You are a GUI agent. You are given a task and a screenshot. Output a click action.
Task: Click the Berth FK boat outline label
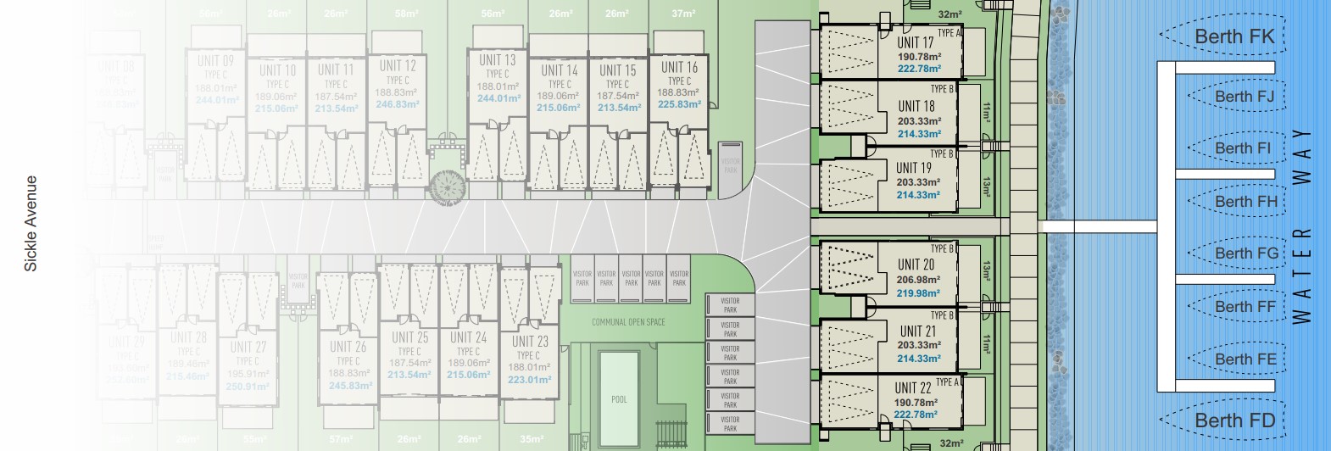[x=1234, y=36]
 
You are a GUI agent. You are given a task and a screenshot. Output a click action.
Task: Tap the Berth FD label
[x=1234, y=420]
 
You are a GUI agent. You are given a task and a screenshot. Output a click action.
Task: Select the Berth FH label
[x=1245, y=202]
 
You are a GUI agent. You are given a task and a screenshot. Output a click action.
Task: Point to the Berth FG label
[x=1245, y=253]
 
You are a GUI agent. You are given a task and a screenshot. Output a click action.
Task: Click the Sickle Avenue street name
[x=31, y=224]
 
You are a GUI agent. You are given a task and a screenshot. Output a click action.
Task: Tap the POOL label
[x=620, y=399]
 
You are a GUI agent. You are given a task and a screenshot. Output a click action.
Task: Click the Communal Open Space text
[x=628, y=322]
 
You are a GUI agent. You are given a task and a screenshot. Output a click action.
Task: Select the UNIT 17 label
[x=916, y=42]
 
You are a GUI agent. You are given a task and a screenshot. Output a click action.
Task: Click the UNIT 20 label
[x=916, y=264]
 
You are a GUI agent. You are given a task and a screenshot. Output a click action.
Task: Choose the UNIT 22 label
[x=913, y=388]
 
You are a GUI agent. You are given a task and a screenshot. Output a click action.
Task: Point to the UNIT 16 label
[x=679, y=67]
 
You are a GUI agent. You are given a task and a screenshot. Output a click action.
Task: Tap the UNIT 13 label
[x=497, y=60]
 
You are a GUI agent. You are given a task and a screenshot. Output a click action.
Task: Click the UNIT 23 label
[x=530, y=342]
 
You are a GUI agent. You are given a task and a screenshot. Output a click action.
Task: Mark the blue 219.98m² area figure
[x=918, y=293]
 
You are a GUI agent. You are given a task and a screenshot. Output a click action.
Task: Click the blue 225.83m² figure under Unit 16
[x=679, y=104]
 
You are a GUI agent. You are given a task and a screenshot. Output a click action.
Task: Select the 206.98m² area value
[x=918, y=280]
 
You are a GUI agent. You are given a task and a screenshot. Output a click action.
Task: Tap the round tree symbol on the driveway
[x=446, y=185]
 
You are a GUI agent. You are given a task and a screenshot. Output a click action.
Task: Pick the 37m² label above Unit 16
[x=683, y=14]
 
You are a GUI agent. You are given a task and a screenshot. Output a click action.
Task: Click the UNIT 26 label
[x=348, y=346]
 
